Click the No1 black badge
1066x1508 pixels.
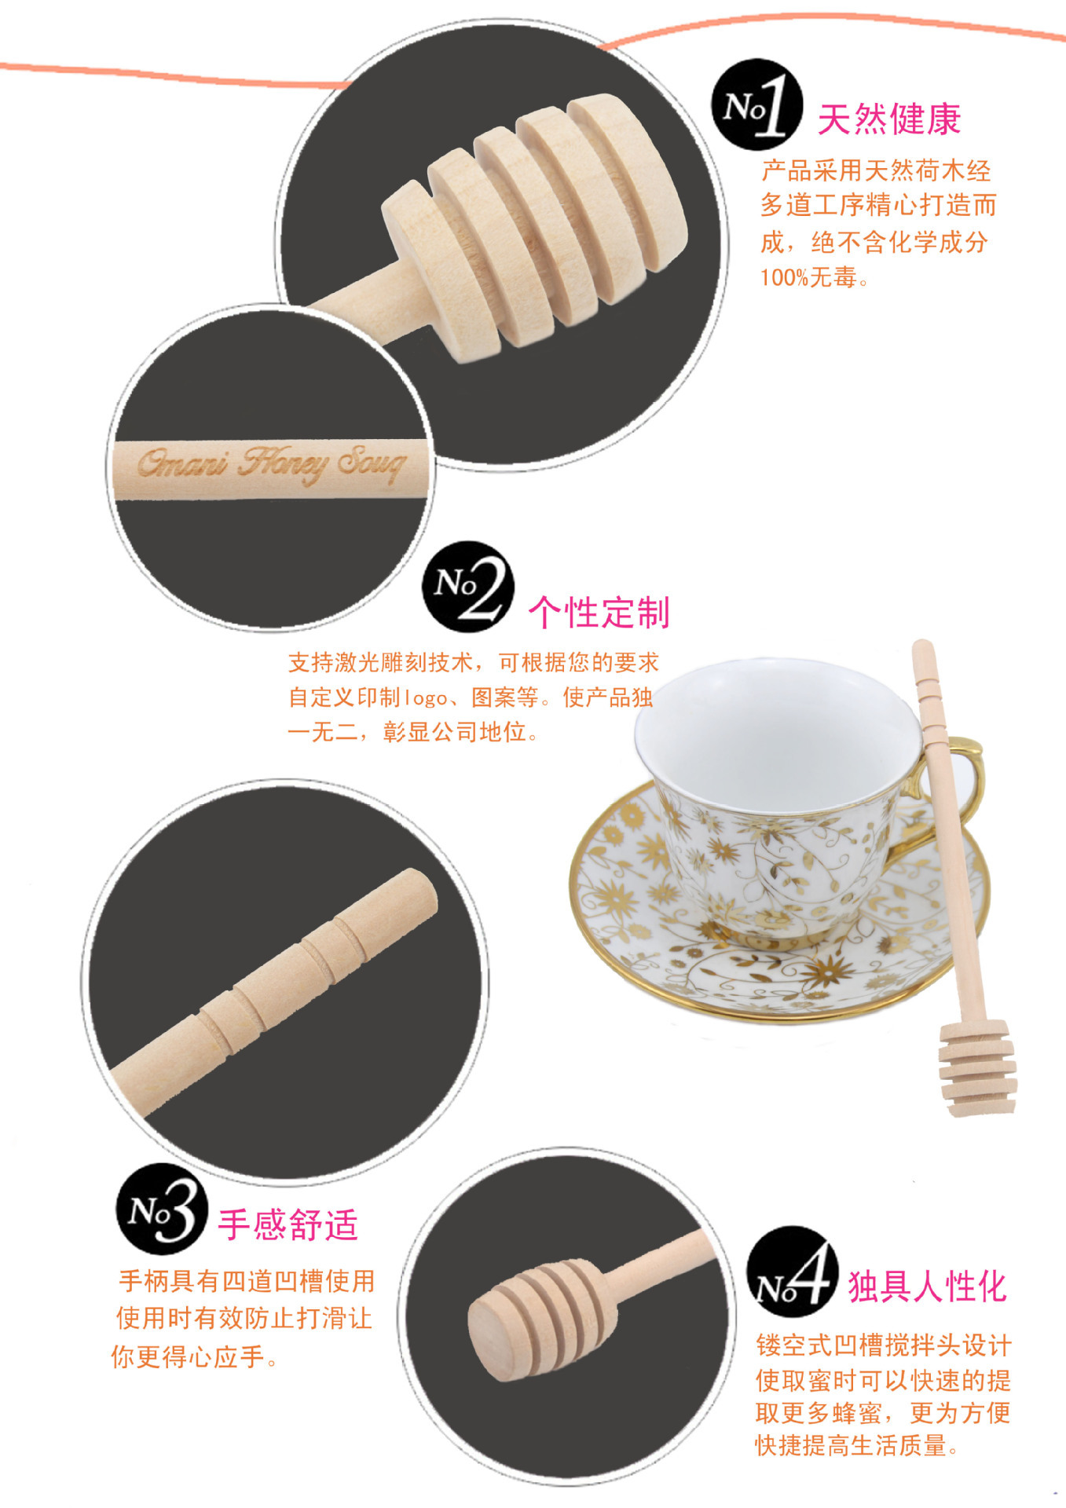[x=756, y=104]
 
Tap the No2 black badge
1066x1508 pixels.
[x=468, y=587]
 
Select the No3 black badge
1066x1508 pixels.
[x=163, y=1209]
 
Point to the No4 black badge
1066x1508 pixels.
[x=792, y=1272]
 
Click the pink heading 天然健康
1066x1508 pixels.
[x=889, y=119]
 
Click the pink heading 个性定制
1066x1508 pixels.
[x=599, y=613]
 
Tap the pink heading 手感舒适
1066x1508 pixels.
[x=288, y=1224]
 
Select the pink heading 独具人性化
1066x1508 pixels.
[x=928, y=1287]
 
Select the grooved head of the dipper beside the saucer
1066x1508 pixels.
[x=977, y=1067]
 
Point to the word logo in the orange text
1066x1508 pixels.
[x=425, y=697]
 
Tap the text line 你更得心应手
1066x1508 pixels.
[x=195, y=1356]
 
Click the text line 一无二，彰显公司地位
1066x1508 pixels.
[x=414, y=732]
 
